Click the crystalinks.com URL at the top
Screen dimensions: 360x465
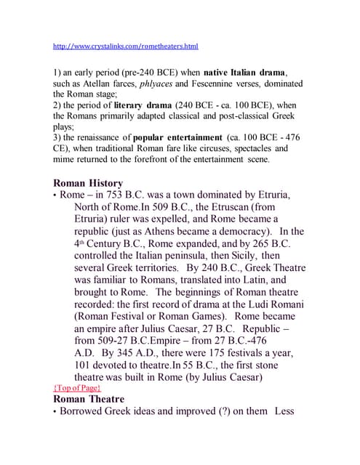pyautogui.click(x=125, y=46)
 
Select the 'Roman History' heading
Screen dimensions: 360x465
pyautogui.click(x=88, y=183)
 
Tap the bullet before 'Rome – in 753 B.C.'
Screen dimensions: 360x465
pyautogui.click(x=55, y=196)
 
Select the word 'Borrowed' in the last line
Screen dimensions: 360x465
pyautogui.click(x=87, y=413)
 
